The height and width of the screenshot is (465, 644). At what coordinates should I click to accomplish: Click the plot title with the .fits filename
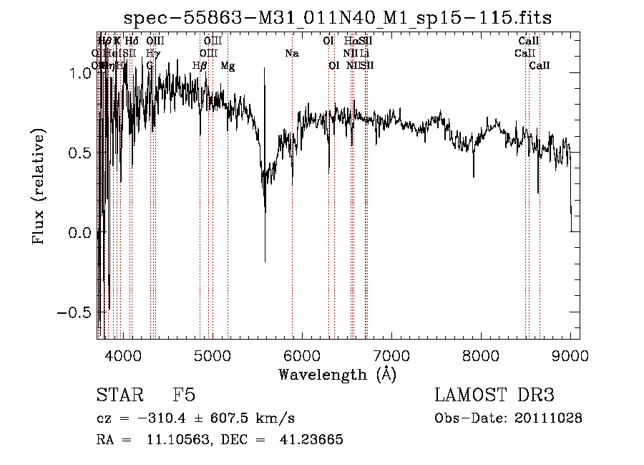[x=338, y=17]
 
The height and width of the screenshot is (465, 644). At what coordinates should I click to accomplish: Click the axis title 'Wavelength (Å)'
[x=337, y=374]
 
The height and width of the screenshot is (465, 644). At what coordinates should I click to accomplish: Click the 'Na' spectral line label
[x=292, y=54]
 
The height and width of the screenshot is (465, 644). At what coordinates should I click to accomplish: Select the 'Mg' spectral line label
[x=228, y=66]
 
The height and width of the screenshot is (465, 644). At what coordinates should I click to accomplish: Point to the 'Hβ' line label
[x=200, y=66]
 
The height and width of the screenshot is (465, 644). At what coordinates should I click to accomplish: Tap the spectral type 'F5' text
[x=184, y=396]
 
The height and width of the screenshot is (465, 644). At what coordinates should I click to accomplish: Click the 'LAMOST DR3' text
[x=494, y=396]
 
